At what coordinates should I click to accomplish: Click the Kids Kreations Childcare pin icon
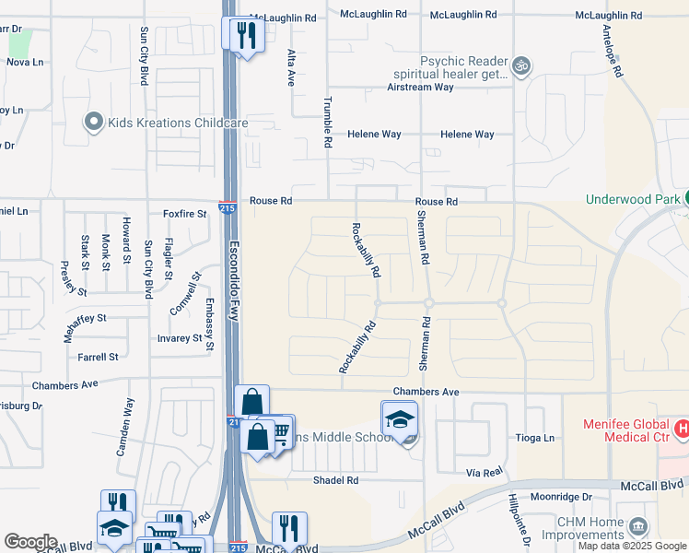[x=93, y=123]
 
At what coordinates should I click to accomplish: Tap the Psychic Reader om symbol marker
[x=521, y=65]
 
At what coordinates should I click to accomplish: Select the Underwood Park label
[x=631, y=199]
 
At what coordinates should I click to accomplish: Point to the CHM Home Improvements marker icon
[x=637, y=528]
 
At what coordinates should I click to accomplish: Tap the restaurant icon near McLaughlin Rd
[x=245, y=35]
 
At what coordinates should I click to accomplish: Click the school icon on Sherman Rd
[x=399, y=420]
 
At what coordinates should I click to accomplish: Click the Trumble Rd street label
[x=327, y=124]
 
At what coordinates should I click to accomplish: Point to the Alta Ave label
[x=290, y=68]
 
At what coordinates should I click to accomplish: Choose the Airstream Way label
[x=420, y=88]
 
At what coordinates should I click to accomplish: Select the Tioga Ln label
[x=536, y=438]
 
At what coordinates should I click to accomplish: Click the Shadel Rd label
[x=335, y=480]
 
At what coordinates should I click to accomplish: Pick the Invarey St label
[x=180, y=338]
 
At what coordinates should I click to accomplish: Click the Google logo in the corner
[x=31, y=542]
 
